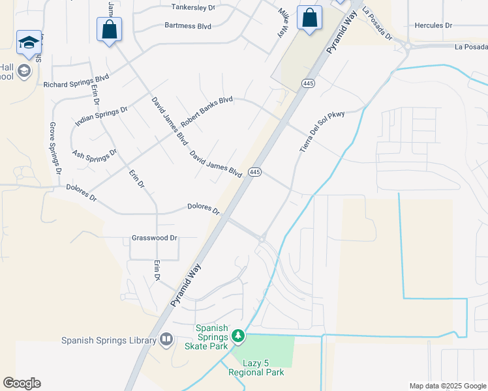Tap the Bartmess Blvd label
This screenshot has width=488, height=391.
click(188, 27)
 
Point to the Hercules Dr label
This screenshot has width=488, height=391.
click(433, 25)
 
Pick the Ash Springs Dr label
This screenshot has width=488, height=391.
click(95, 155)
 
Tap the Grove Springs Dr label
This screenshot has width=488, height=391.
click(55, 148)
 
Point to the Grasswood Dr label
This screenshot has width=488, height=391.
click(155, 238)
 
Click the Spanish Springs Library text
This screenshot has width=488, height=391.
click(109, 340)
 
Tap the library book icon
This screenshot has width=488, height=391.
click(166, 340)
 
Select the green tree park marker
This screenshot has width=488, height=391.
click(239, 336)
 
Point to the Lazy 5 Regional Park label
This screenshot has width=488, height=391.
click(256, 368)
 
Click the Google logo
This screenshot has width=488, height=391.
click(22, 383)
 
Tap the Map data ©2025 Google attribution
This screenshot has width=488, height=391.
click(448, 386)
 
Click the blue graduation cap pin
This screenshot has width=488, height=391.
click(29, 42)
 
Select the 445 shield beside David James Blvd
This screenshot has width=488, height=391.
click(254, 172)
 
